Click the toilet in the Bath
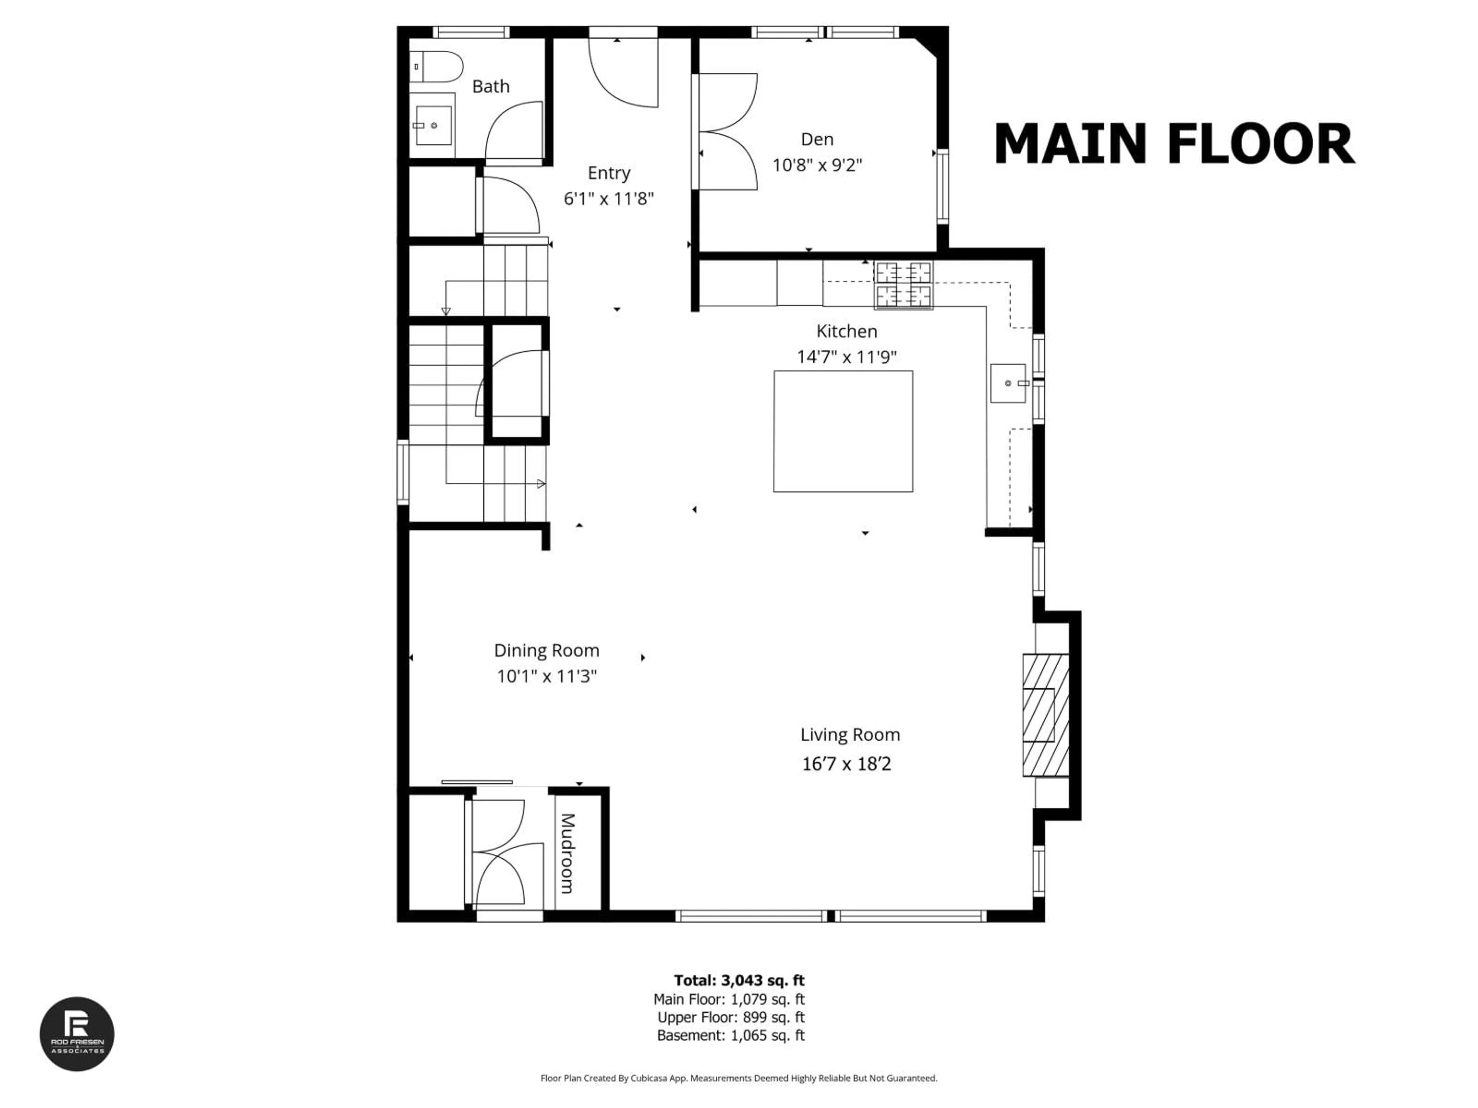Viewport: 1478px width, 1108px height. click(x=438, y=67)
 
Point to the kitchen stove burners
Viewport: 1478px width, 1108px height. click(x=903, y=284)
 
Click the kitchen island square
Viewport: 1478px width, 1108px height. click(x=843, y=431)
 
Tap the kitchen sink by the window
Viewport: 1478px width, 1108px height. click(x=1008, y=383)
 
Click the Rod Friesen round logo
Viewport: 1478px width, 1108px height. click(x=77, y=1034)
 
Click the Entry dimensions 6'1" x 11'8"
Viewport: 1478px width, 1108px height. click(x=608, y=199)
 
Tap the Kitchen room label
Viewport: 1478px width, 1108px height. click(x=846, y=331)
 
